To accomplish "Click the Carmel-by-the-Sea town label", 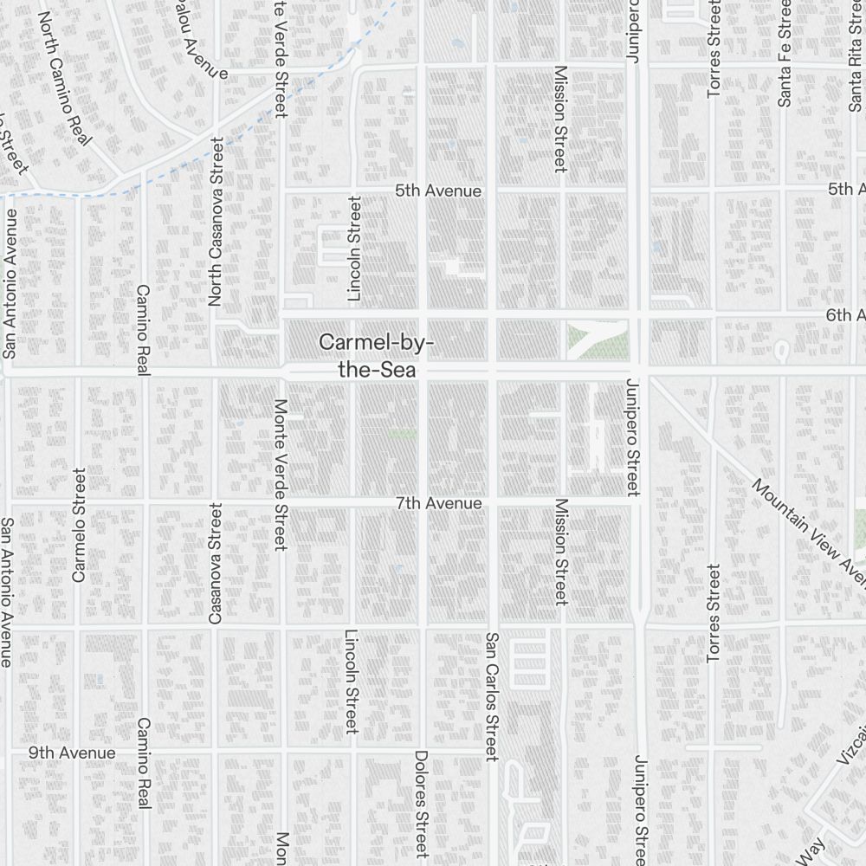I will point(376,355).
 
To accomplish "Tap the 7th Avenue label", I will point(438,503).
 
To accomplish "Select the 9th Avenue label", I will point(72,753).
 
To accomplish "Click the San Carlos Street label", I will point(491,696).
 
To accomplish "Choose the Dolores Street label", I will point(421,803).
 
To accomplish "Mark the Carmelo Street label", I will point(80,525).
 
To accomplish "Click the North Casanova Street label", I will point(216,222).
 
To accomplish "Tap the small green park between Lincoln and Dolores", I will point(401,434).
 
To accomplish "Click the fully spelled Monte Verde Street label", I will point(280,475).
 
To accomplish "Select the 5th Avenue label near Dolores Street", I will point(438,190).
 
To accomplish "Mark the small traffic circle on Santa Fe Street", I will point(780,351).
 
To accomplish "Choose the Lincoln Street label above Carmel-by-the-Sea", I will point(353,249).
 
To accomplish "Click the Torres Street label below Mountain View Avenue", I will point(713,613).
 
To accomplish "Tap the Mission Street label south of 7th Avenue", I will point(560,551).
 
